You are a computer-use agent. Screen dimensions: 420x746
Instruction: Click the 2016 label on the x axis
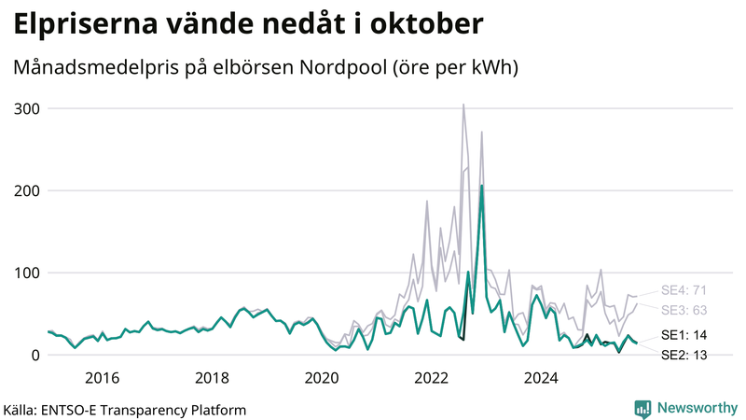coord(102,377)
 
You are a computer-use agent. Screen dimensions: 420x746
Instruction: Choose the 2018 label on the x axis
coord(212,377)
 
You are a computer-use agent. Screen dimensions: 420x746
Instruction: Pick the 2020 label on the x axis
coord(322,377)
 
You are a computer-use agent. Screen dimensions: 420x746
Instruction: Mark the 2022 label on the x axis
coord(432,377)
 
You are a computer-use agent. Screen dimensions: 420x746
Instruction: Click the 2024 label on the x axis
coord(541,377)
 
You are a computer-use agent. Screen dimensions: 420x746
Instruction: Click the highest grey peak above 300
coord(463,105)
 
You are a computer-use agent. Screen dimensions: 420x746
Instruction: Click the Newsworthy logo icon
coord(642,408)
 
